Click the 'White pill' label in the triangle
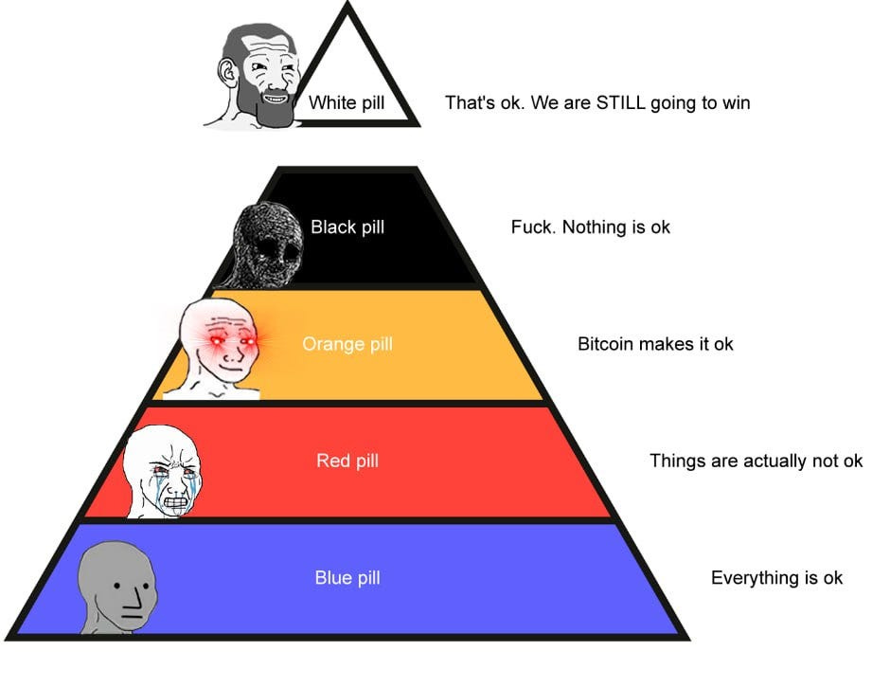347,102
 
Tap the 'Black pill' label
347,227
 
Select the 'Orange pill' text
347,344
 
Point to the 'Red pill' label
347,462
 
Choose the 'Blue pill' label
347,577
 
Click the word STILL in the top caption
620,102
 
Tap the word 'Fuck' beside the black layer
531,227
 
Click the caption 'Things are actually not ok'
756,462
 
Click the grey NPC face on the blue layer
118,588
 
